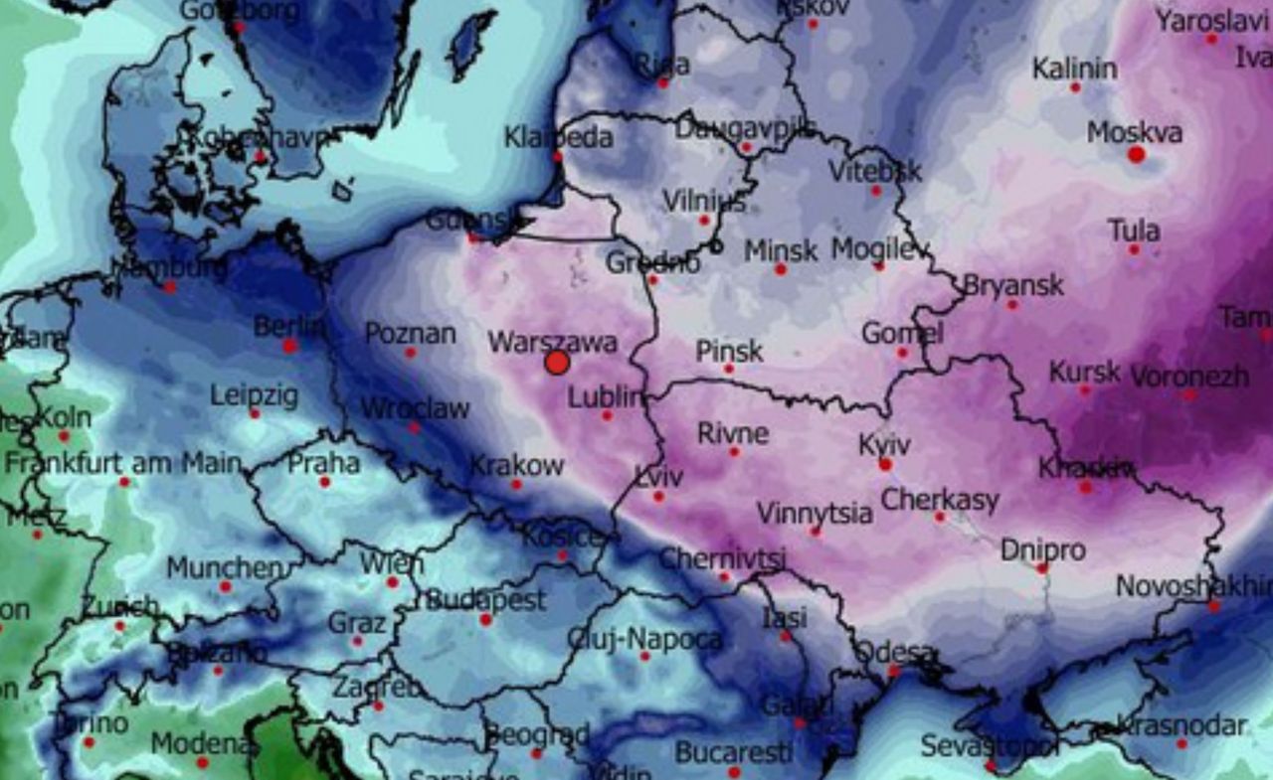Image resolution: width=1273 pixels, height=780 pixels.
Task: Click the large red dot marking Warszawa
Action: (x=557, y=363)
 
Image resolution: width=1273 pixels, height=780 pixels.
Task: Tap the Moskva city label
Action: (x=1135, y=132)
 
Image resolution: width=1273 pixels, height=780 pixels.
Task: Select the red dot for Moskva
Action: (x=1137, y=154)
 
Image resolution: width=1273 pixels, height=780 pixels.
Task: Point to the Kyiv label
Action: (x=884, y=444)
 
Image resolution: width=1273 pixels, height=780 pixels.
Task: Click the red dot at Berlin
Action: (x=289, y=346)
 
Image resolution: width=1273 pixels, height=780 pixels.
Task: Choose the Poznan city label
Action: (x=411, y=333)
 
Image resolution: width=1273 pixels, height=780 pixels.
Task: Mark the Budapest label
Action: (x=486, y=600)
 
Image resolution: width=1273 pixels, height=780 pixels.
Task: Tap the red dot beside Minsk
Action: (x=781, y=269)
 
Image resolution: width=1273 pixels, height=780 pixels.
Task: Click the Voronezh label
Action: (x=1189, y=376)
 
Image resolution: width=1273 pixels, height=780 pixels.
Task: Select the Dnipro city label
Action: (x=1043, y=549)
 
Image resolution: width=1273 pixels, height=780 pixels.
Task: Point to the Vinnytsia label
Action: (x=815, y=513)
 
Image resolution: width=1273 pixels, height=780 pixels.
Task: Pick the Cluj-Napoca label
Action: (x=645, y=639)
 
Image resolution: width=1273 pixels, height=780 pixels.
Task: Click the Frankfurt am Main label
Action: (x=123, y=463)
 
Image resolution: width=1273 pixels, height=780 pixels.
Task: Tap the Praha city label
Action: (x=324, y=462)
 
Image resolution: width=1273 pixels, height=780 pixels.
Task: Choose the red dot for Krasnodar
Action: (x=1182, y=743)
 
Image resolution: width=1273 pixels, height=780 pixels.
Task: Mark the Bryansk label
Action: (x=1013, y=285)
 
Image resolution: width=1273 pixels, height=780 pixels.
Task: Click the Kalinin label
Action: (x=1074, y=69)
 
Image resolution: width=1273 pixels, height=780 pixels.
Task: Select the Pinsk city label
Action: (x=729, y=350)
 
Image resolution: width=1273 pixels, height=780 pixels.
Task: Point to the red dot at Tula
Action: (x=1134, y=249)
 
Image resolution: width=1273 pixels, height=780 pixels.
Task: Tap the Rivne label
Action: (x=733, y=433)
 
